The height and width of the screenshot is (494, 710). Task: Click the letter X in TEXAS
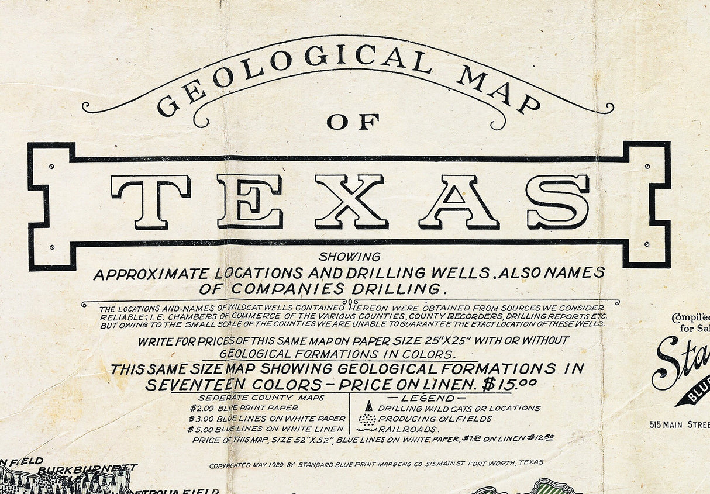coord(351,202)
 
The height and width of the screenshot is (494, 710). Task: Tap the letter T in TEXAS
coord(151,202)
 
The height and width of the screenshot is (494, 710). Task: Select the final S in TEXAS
coord(557,202)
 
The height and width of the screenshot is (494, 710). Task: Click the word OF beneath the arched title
coord(353,122)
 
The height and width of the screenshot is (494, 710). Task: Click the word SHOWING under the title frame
coord(350,257)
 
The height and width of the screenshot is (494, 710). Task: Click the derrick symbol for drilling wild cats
coord(368,406)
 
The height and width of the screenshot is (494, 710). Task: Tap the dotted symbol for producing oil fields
coord(367,419)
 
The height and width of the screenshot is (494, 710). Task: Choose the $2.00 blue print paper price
coord(200,408)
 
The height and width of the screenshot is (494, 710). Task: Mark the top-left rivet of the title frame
coord(52,167)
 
